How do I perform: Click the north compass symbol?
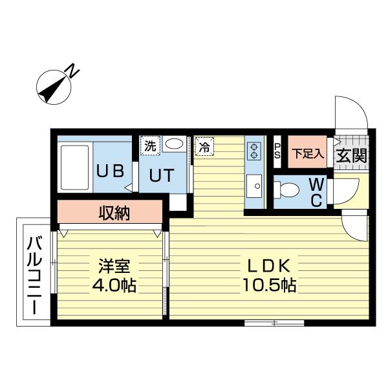54,87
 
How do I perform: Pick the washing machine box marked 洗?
150,145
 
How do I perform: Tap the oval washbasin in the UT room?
173,144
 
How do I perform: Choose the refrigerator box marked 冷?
204,146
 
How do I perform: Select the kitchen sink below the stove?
253,187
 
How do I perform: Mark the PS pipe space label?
277,151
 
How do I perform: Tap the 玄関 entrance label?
351,155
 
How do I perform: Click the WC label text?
316,192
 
